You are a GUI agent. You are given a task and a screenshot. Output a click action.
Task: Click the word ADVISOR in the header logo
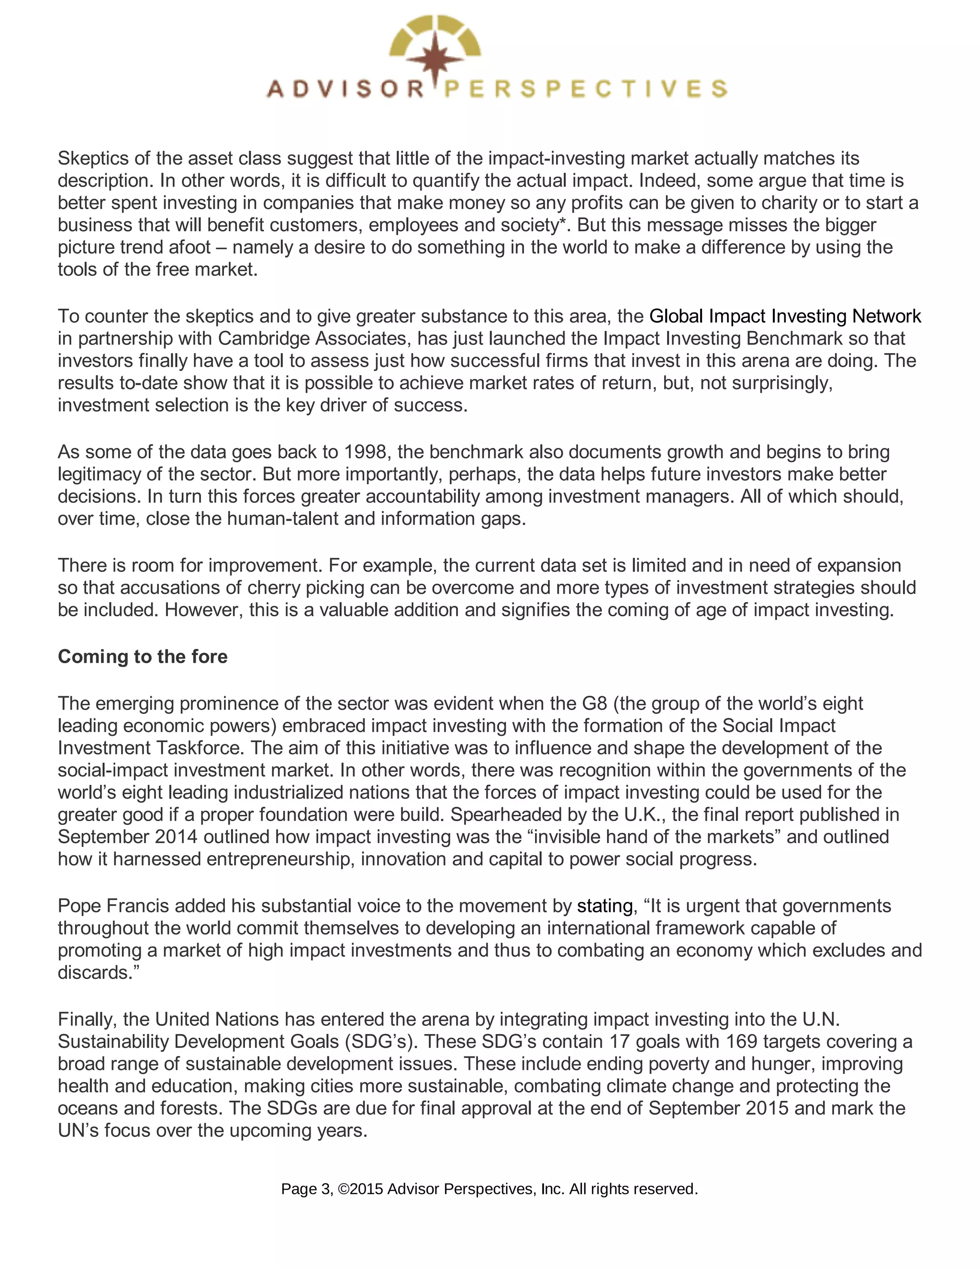[x=345, y=89]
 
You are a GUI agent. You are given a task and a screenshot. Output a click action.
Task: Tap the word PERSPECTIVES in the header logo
[x=585, y=89]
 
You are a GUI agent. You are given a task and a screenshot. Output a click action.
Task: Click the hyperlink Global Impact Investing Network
[x=785, y=316]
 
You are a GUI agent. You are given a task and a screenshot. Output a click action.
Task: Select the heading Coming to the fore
[x=143, y=656]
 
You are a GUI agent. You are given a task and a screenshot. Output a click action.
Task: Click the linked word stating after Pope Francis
[x=604, y=906]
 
